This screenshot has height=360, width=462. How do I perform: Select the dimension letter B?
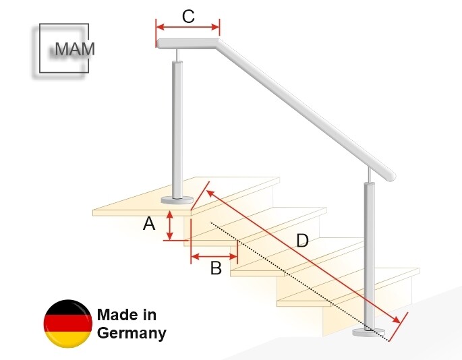(x=215, y=268)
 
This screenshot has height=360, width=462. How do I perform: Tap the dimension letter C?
(x=188, y=16)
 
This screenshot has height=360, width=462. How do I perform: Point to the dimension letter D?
(x=302, y=240)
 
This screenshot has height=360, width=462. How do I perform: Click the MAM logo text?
(x=74, y=49)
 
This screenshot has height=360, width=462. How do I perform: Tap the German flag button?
(x=68, y=324)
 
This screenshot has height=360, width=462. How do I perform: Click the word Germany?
(x=132, y=332)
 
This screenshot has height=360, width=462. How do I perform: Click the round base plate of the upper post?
(x=178, y=200)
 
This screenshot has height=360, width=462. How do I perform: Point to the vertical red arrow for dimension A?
(x=171, y=225)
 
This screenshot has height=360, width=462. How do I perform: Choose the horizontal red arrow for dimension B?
(x=214, y=256)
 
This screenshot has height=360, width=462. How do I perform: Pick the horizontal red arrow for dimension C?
(x=187, y=28)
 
